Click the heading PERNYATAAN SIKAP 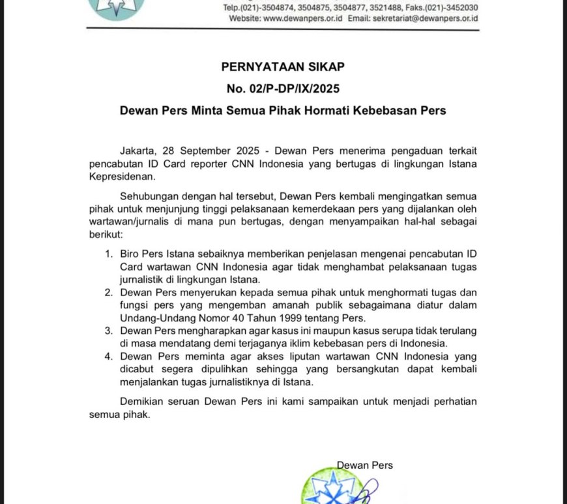pos(282,67)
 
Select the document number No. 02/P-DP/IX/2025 pos(282,88)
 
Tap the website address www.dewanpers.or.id pos(303,19)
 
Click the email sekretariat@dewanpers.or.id pos(426,19)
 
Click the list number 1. pos(108,253)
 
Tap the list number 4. pos(108,357)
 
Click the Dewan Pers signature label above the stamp pos(364,465)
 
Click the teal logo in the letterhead pos(118,8)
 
